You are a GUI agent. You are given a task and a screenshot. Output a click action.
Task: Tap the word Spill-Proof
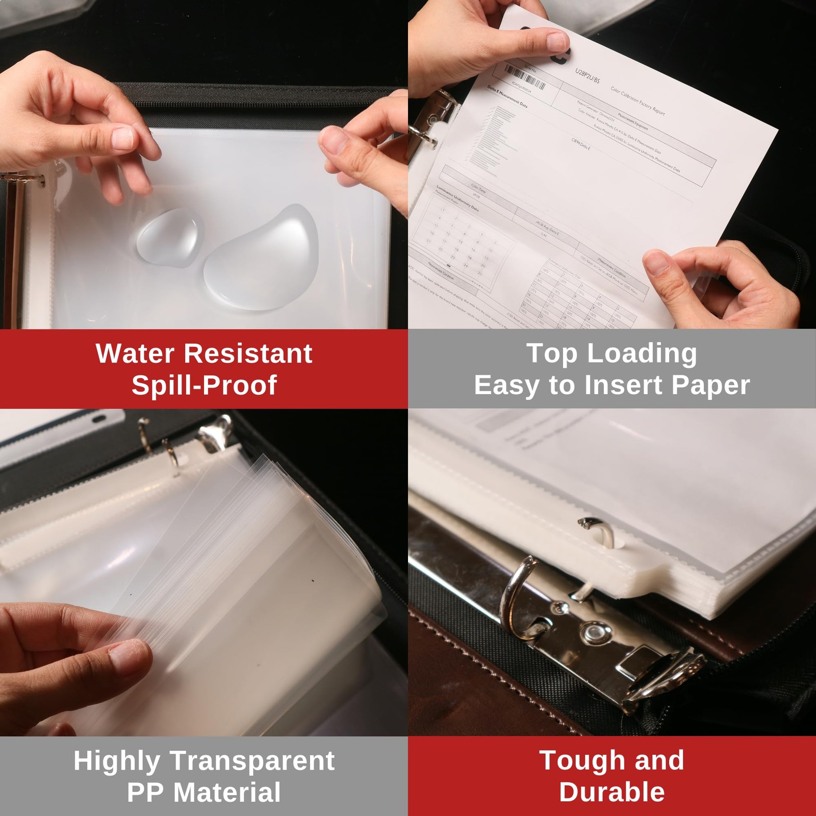[204, 385]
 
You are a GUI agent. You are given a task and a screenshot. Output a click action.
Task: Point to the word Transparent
[252, 761]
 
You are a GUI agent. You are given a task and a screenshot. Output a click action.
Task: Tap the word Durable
[611, 793]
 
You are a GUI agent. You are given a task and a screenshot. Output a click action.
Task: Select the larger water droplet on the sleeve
[263, 258]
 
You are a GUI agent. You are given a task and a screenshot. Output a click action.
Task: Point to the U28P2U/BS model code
[588, 76]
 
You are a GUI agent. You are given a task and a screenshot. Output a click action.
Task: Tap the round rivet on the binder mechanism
[593, 633]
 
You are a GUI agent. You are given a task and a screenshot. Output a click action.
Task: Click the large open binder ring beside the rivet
[518, 597]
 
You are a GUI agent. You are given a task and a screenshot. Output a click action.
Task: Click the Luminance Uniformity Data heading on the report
[457, 199]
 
